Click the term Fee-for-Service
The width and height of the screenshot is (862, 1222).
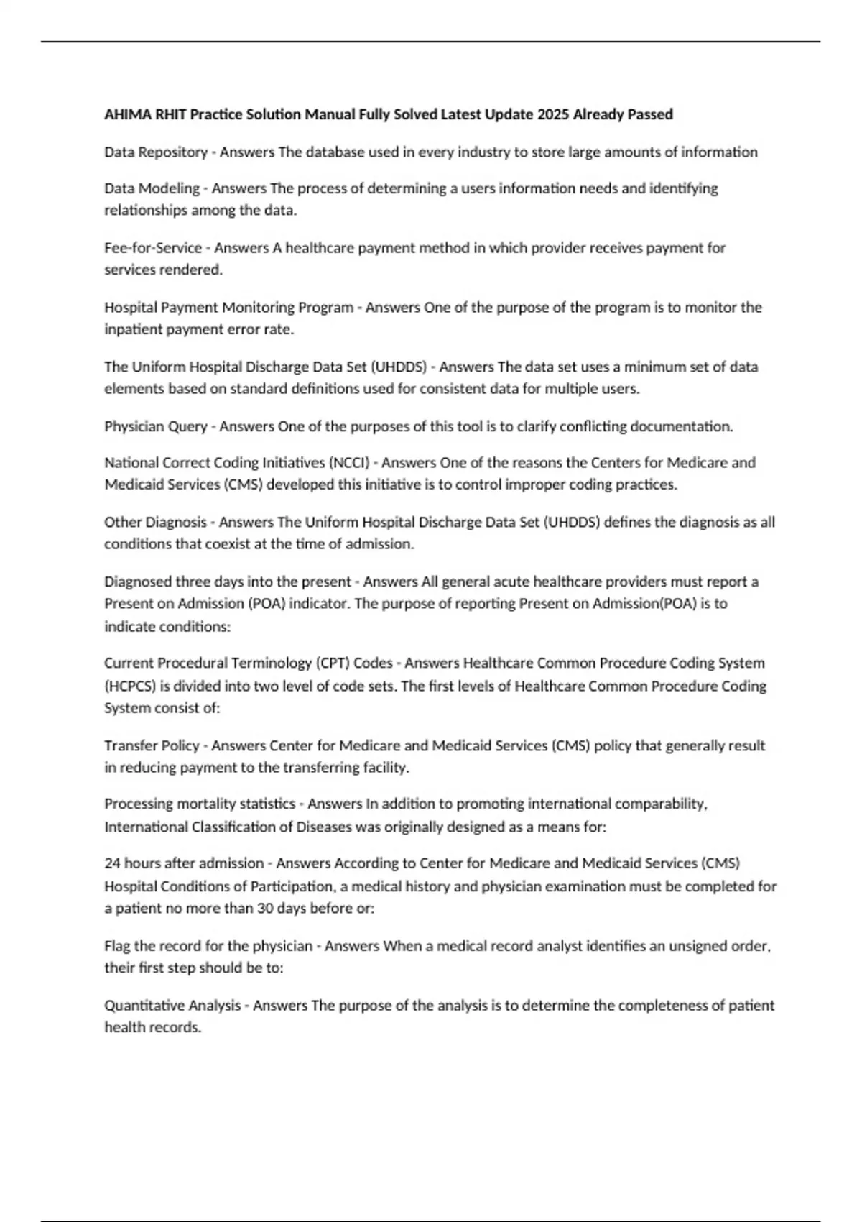tap(153, 248)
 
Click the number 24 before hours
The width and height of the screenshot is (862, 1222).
tap(112, 863)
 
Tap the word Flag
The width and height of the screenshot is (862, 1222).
tap(118, 946)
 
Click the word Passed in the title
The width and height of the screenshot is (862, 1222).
tap(650, 114)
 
